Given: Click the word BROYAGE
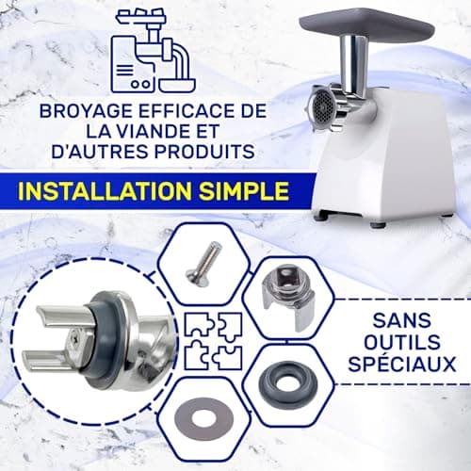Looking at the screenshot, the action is click(86, 111).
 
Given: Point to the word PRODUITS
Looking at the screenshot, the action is click(204, 151).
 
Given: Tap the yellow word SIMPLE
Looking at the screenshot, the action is click(244, 191).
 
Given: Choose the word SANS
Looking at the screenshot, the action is click(402, 320).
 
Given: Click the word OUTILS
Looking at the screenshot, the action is click(402, 342).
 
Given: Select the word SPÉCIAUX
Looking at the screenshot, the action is click(402, 364).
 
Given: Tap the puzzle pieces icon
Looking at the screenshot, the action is click(214, 341).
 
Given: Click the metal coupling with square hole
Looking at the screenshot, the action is click(288, 300).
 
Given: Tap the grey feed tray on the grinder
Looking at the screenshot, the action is click(366, 26).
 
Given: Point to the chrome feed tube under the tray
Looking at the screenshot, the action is click(353, 64).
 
